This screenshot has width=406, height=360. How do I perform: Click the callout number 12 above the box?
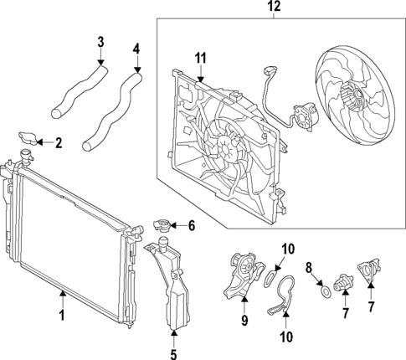click(274, 7)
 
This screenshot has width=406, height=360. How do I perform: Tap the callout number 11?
click(200, 59)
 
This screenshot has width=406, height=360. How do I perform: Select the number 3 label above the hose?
click(100, 42)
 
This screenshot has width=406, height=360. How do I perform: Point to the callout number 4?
click(136, 49)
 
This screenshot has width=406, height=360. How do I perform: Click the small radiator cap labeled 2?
click(28, 138)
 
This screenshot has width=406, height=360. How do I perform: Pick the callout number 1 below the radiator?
click(63, 315)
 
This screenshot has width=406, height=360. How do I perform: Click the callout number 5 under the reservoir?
click(173, 354)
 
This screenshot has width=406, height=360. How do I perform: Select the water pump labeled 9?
click(244, 274)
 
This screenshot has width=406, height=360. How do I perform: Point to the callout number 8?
click(308, 268)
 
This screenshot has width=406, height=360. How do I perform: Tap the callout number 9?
click(244, 321)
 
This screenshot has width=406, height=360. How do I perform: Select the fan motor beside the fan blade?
click(305, 116)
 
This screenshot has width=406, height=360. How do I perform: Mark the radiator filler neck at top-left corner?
click(26, 157)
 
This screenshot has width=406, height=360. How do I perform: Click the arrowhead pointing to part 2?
click(39, 142)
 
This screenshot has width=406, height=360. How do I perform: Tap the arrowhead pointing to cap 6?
click(172, 225)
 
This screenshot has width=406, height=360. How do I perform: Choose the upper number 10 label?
click(288, 249)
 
